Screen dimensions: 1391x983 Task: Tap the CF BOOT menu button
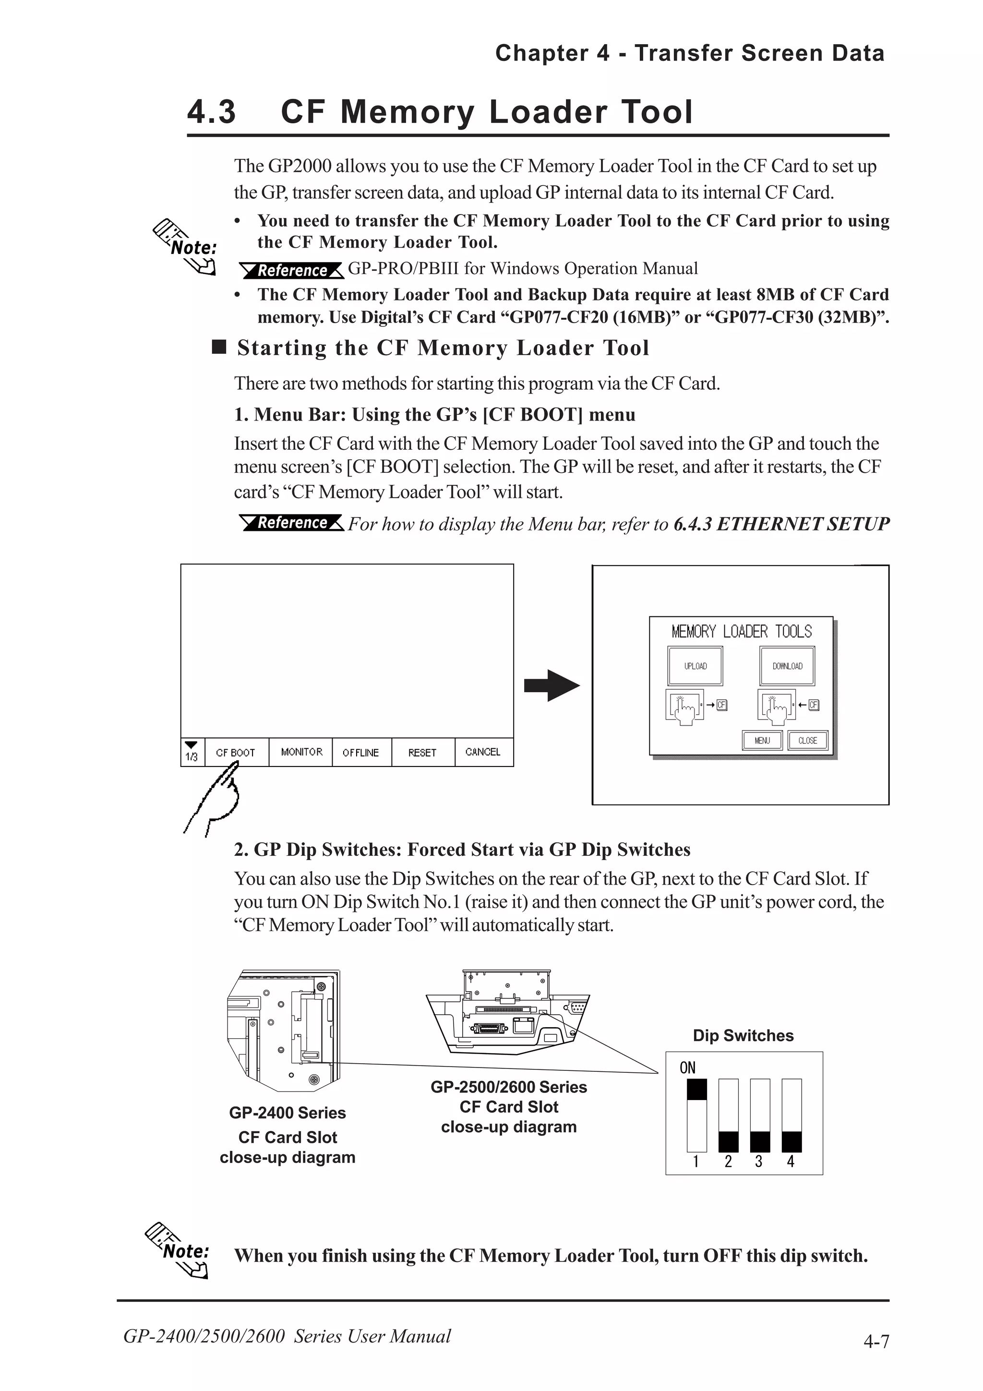[x=236, y=753]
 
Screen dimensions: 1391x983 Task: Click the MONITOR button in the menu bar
[x=301, y=752]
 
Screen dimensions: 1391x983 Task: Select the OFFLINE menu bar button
[x=361, y=753]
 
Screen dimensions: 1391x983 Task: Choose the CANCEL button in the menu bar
[x=483, y=752]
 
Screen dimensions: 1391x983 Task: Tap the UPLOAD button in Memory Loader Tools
[x=695, y=666]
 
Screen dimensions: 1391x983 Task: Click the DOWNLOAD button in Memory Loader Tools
[x=787, y=666]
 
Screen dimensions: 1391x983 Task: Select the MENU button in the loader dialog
[x=762, y=740]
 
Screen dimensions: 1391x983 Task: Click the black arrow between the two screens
[x=551, y=685]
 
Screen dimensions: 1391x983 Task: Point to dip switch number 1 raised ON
[x=696, y=1089]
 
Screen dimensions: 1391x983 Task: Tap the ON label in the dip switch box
[x=687, y=1067]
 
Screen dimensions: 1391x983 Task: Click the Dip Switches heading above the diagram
[x=743, y=1035]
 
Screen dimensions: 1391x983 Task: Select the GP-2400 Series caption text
[x=287, y=1112]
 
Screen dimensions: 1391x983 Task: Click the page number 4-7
[x=876, y=1341]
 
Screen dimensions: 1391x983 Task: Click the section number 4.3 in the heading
[x=211, y=112]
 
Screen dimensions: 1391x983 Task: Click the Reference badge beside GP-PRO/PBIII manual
[x=292, y=270]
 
